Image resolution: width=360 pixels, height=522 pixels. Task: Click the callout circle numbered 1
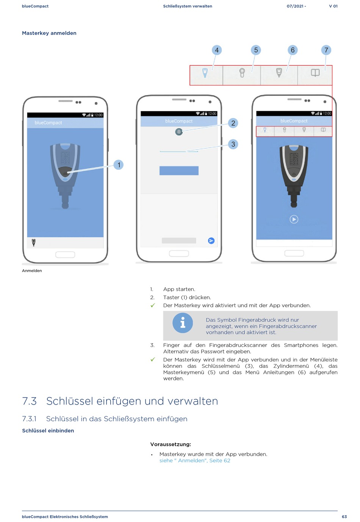click(x=119, y=165)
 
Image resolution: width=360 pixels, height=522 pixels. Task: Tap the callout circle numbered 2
click(x=233, y=123)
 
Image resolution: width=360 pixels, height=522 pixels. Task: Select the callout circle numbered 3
click(x=233, y=144)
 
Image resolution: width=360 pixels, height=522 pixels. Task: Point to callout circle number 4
click(x=217, y=50)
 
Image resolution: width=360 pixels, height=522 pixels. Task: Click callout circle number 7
click(x=326, y=50)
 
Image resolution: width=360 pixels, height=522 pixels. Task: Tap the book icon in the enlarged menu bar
click(x=315, y=73)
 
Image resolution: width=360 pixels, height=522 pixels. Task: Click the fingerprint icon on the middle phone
click(x=179, y=132)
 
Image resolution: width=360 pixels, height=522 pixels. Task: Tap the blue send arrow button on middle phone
click(x=211, y=241)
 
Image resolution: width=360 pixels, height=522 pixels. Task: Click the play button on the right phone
click(x=294, y=219)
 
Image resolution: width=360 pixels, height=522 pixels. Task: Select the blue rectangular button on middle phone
click(x=179, y=170)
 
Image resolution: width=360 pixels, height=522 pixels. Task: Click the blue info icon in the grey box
click(x=183, y=323)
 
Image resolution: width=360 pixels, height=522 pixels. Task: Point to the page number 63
click(x=344, y=517)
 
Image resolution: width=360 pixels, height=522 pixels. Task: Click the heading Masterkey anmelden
click(x=49, y=33)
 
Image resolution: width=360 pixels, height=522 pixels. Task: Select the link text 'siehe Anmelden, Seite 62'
click(x=195, y=461)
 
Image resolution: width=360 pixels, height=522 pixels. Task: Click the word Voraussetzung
click(x=171, y=444)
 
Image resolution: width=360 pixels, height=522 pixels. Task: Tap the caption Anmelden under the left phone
click(x=32, y=270)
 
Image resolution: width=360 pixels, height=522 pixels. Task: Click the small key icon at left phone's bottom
click(x=34, y=242)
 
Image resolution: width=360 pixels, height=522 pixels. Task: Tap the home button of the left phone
click(x=65, y=255)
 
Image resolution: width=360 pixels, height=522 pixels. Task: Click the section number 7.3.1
click(x=29, y=419)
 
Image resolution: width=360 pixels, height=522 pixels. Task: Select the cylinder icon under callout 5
click(x=242, y=72)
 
